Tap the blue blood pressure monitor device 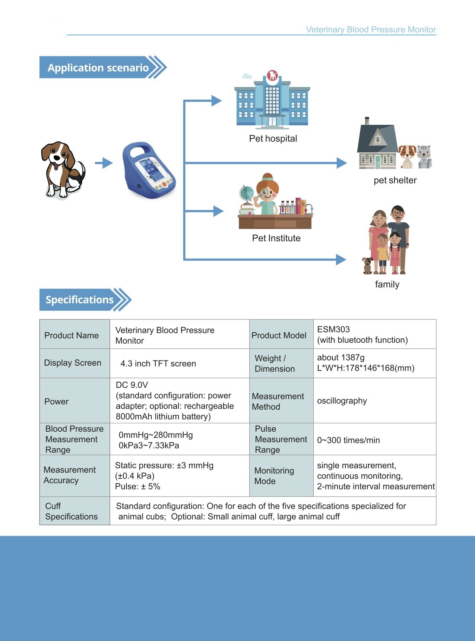click(149, 170)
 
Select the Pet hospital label click(273, 139)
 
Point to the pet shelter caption click(395, 181)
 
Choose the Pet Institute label click(276, 238)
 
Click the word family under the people click(387, 285)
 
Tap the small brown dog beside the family click(367, 265)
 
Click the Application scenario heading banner click(98, 68)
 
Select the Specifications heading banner click(80, 300)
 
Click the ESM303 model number click(333, 329)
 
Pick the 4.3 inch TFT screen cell click(158, 364)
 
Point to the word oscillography click(342, 401)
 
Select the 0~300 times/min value click(348, 440)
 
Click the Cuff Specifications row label click(71, 512)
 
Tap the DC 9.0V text click(132, 385)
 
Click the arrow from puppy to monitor click(104, 163)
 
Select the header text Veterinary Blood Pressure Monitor click(371, 30)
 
